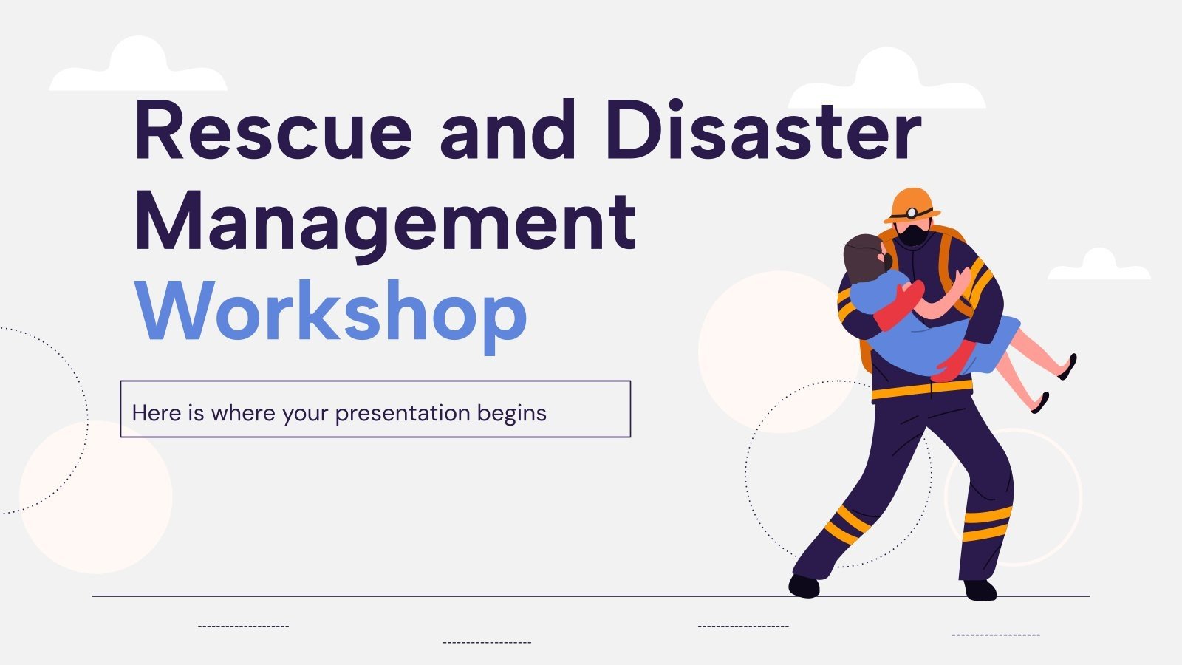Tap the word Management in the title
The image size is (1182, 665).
(385, 222)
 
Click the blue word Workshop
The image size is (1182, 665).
(331, 313)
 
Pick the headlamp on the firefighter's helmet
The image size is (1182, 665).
(913, 213)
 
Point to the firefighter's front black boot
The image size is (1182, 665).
(804, 585)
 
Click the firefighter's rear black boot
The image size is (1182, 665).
(980, 589)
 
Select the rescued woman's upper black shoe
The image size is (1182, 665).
(1068, 367)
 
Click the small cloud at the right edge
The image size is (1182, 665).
(1099, 266)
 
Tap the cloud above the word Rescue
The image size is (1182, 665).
(138, 68)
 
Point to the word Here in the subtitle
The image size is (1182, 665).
(156, 413)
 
